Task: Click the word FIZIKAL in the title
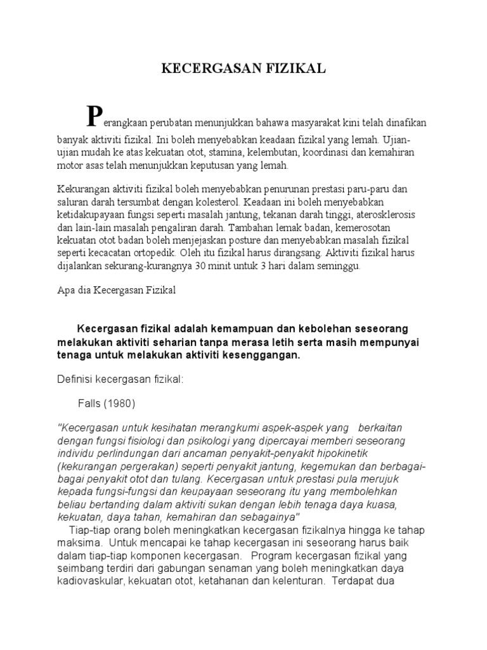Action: [295, 69]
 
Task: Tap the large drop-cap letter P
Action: [94, 116]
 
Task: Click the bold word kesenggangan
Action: [258, 355]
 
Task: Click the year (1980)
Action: [121, 404]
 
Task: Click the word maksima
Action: [79, 543]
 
